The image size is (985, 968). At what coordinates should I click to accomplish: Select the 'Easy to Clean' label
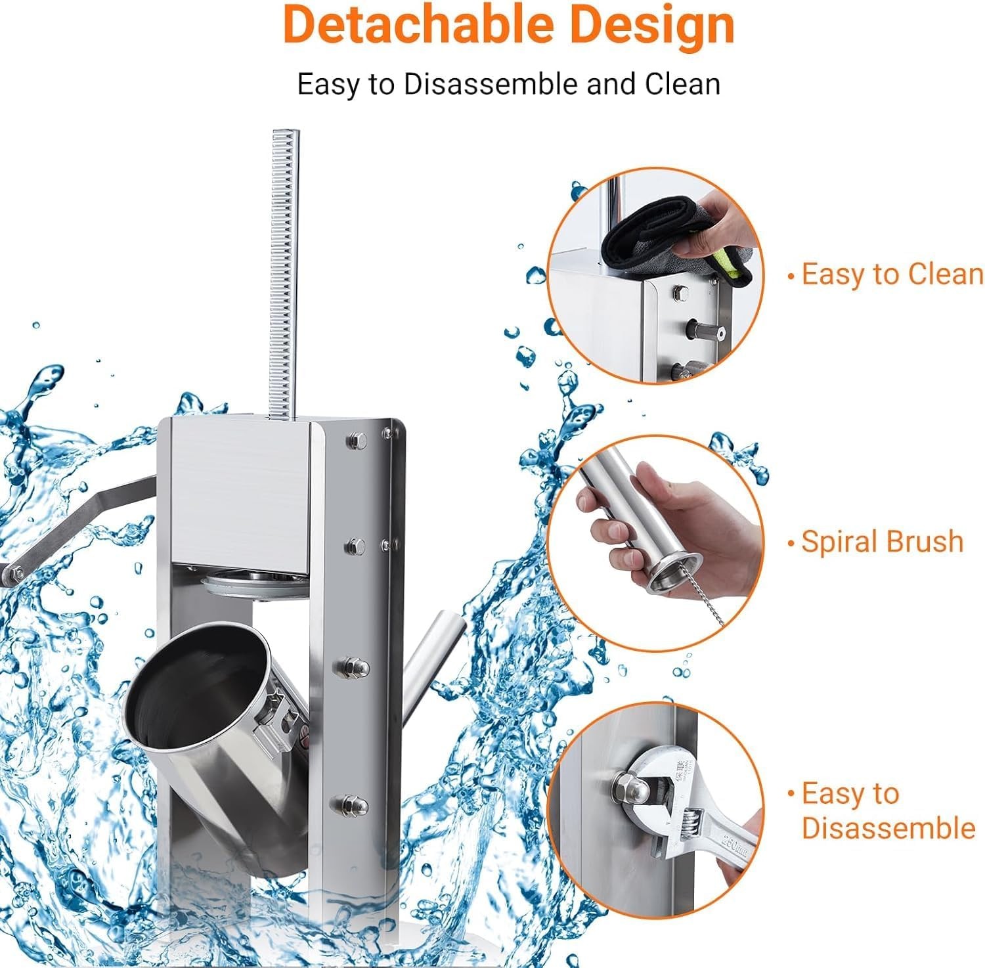[886, 274]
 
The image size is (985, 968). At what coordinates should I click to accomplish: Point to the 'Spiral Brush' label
[875, 542]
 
